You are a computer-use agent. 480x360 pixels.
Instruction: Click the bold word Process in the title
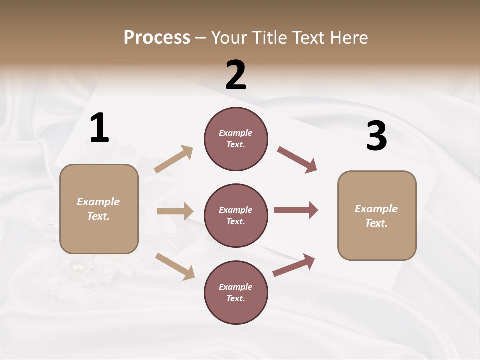point(157,38)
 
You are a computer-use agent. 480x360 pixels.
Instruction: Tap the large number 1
point(99,128)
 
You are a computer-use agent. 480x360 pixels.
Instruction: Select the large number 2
point(236,75)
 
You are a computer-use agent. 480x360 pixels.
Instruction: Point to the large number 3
point(376,136)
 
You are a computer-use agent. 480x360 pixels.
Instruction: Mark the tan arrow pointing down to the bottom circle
point(175,266)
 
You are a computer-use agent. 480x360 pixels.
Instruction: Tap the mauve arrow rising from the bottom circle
point(294,265)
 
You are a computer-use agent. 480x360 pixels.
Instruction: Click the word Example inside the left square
point(98,202)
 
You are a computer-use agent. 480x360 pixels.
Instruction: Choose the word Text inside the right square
point(376,223)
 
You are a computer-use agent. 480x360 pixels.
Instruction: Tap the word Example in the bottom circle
point(236,287)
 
